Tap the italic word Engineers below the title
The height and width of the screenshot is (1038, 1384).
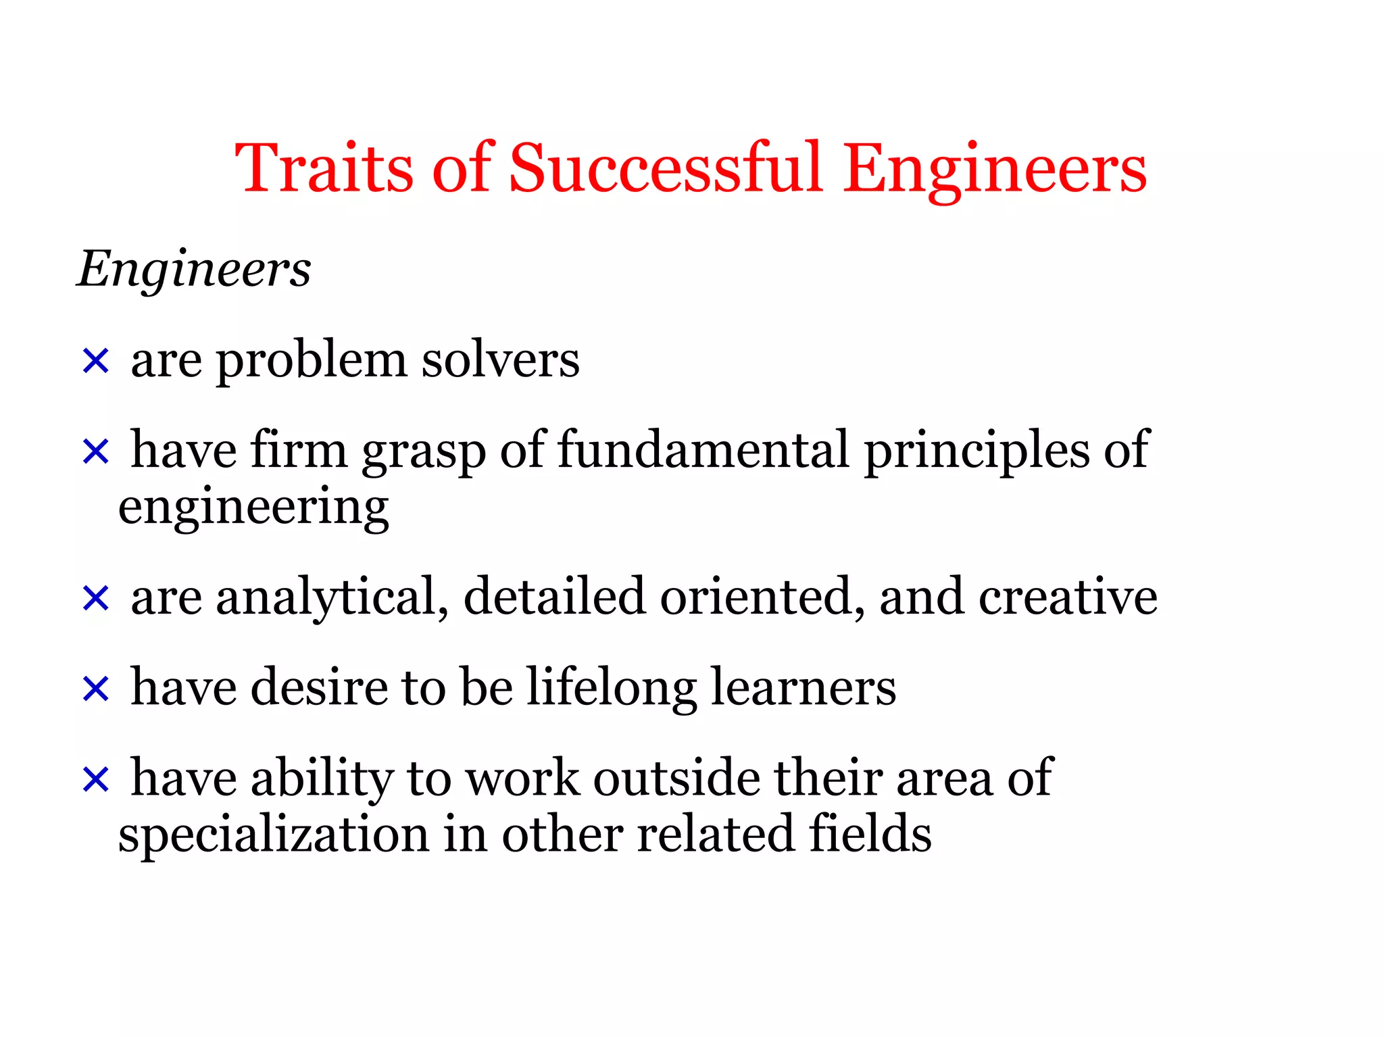point(195,269)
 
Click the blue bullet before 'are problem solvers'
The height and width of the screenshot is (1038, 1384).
point(95,361)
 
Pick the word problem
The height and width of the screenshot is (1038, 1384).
point(311,362)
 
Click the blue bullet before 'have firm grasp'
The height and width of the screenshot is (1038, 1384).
point(95,451)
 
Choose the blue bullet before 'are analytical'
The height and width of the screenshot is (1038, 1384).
point(95,598)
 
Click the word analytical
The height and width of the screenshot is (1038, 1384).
point(332,598)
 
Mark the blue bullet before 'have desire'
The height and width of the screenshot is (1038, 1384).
point(95,689)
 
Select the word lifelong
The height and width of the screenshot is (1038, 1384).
point(612,689)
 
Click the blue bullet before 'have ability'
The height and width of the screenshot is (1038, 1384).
point(95,779)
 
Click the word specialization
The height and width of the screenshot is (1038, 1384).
point(274,835)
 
